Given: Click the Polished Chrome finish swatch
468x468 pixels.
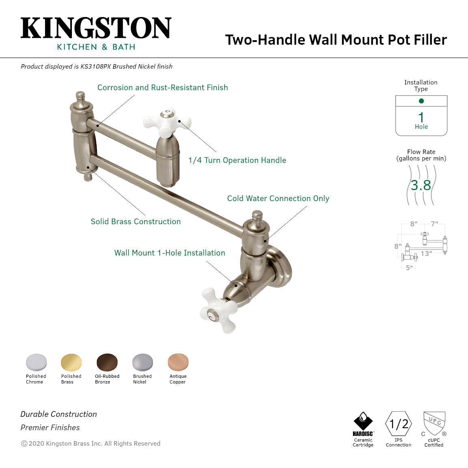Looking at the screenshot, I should [x=36, y=362].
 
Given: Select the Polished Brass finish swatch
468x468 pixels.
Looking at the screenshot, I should [x=71, y=362].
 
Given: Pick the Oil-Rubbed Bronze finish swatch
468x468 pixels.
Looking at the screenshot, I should [x=107, y=362].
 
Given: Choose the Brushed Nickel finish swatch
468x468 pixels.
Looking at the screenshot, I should [x=143, y=362].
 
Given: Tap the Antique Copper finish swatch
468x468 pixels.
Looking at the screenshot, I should [x=178, y=362].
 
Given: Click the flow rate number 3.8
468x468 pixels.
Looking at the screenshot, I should [x=421, y=185].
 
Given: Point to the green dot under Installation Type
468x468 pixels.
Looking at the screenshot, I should [x=421, y=101].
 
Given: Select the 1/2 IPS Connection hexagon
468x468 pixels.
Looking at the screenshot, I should [x=399, y=424].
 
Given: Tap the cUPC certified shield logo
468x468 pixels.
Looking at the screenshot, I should [x=434, y=423].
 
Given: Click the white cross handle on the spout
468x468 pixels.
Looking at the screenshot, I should [x=167, y=121].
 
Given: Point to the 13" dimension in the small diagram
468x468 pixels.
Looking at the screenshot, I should [x=426, y=253].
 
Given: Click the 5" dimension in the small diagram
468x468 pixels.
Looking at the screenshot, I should [x=409, y=268].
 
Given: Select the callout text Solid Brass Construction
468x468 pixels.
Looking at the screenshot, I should [x=136, y=221].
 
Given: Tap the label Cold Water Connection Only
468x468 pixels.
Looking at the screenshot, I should [x=278, y=198].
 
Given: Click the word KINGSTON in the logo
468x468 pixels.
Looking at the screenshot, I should [x=96, y=28].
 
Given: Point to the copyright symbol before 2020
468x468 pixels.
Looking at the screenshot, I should [x=24, y=444].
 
